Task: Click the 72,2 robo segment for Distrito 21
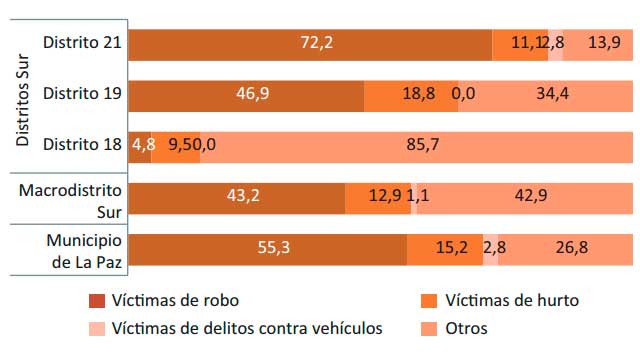311,45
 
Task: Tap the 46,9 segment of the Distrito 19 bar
247,96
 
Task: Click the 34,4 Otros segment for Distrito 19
546,96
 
